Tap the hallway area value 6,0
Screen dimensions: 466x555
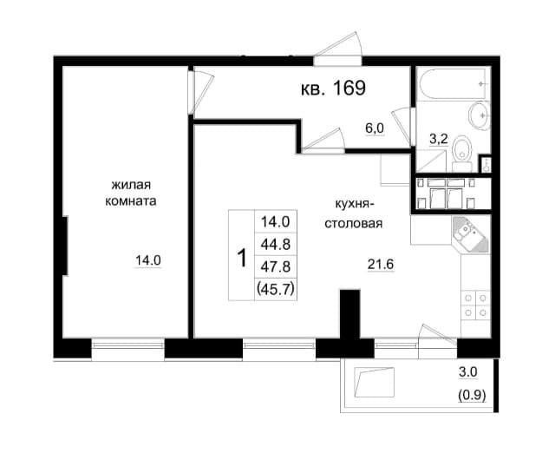pyautogui.click(x=375, y=128)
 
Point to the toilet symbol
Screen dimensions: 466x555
pyautogui.click(x=463, y=148)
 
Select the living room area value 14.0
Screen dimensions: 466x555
pyautogui.click(x=147, y=259)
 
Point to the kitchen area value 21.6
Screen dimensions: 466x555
pyautogui.click(x=380, y=265)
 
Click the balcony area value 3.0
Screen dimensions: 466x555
pyautogui.click(x=467, y=373)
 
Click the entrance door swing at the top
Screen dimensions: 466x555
pyautogui.click(x=338, y=49)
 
